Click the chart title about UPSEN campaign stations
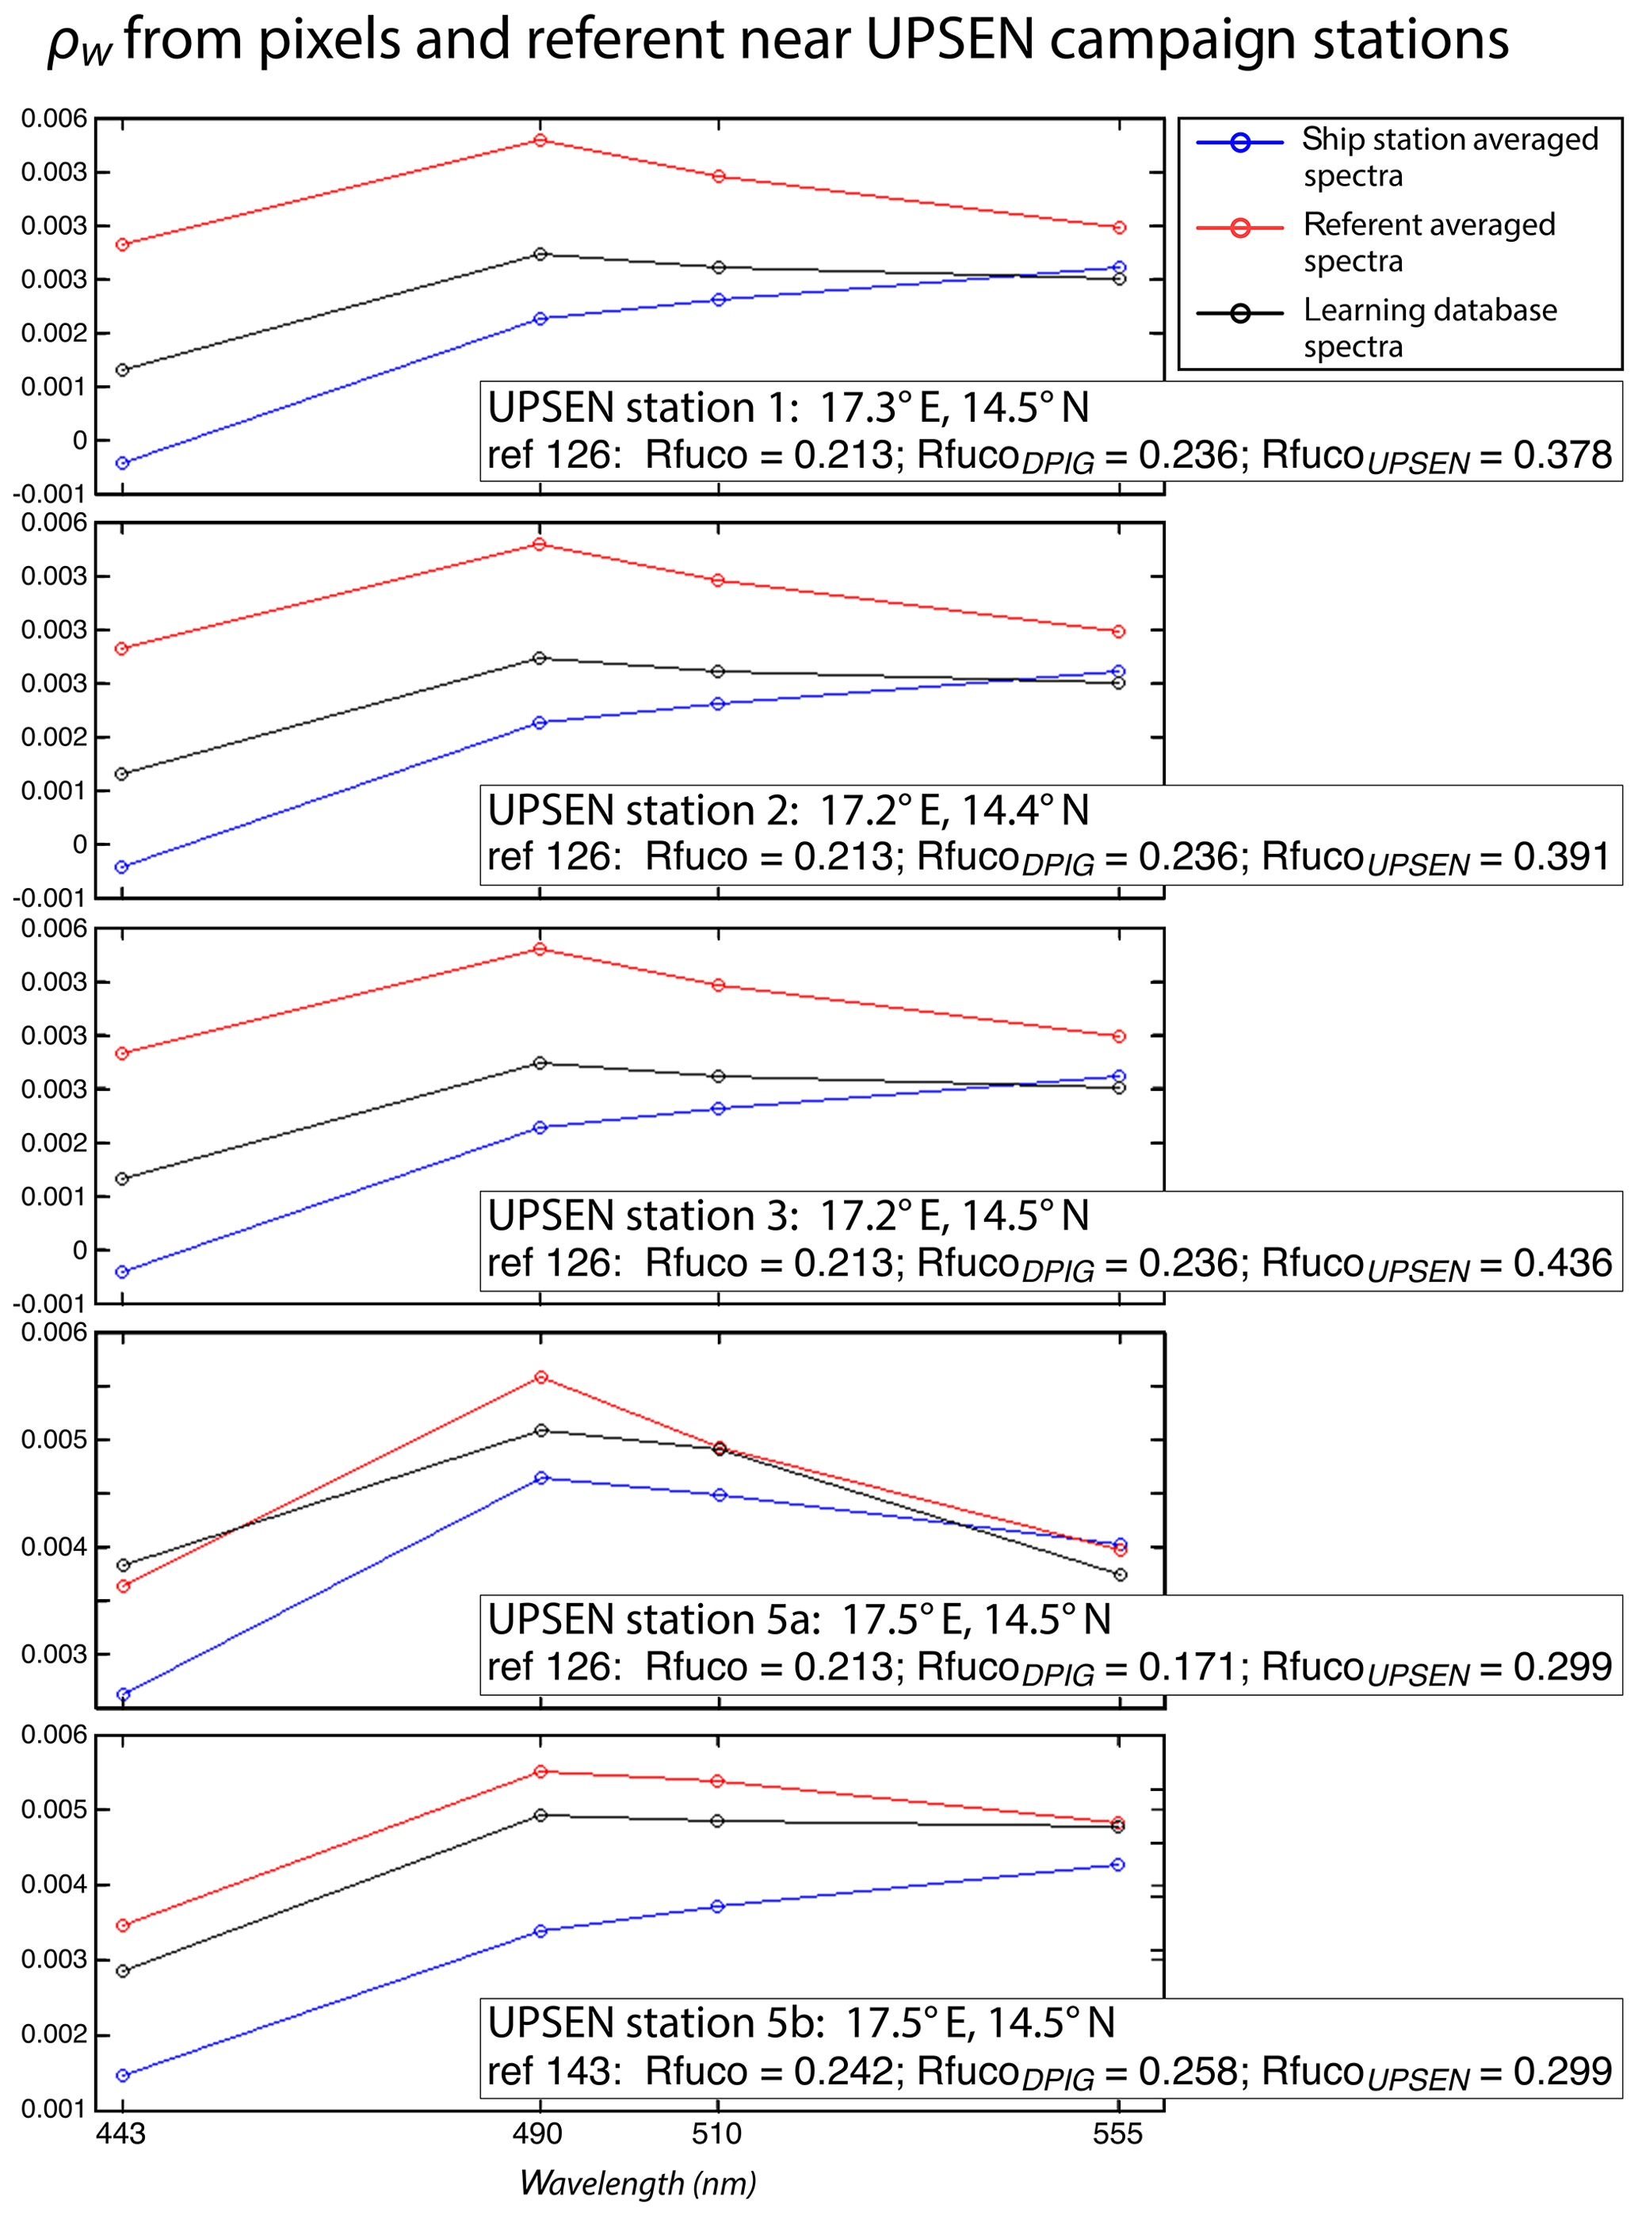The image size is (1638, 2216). click(x=778, y=42)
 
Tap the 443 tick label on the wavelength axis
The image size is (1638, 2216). click(x=121, y=2133)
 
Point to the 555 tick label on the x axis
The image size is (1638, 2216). click(x=1117, y=2133)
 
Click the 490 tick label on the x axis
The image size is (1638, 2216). click(x=538, y=2133)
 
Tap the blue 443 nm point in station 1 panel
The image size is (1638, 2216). click(x=122, y=463)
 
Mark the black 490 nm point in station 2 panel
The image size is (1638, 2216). click(x=540, y=657)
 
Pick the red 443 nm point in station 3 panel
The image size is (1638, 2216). click(x=122, y=1054)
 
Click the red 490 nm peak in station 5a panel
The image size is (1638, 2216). click(x=541, y=1377)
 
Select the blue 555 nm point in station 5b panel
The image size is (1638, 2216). click(x=1118, y=1865)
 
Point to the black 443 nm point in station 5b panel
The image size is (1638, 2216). click(x=122, y=1971)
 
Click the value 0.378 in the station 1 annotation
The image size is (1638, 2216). click(x=1563, y=455)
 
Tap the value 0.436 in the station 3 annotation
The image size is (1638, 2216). click(x=1563, y=1263)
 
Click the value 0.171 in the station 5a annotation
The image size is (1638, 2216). click(x=1188, y=1667)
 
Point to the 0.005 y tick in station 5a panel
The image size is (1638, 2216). click(x=55, y=1439)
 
